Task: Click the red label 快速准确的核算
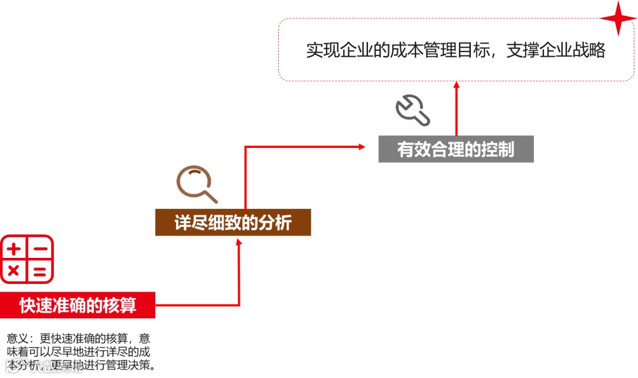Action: pos(77,305)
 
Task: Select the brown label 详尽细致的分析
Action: pos(233,223)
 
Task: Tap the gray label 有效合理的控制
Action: pos(455,149)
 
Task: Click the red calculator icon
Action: pos(27,259)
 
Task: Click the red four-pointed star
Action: pos(619,18)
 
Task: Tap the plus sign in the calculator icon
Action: pos(14,248)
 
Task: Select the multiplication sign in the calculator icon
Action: pos(14,272)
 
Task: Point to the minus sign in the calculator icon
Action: pos(40,249)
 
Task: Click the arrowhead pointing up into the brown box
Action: pos(239,241)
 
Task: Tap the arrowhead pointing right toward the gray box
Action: pos(362,146)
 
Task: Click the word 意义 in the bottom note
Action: pos(17,339)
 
